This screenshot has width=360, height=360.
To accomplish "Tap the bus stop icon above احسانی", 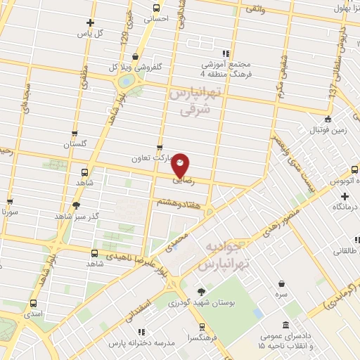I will point(157,8).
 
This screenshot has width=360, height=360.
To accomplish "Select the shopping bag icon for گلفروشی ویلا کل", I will point(134,57).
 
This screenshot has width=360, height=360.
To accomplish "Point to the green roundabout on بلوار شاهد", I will point(127,81).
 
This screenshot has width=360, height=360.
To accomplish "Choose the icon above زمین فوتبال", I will point(328,119).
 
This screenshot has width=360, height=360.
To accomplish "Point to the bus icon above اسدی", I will point(34,303).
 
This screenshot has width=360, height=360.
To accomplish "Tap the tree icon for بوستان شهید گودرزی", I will point(202,291).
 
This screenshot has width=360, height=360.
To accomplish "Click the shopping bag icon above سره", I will point(281,283).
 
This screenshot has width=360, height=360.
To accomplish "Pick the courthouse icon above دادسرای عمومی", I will point(285,326).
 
